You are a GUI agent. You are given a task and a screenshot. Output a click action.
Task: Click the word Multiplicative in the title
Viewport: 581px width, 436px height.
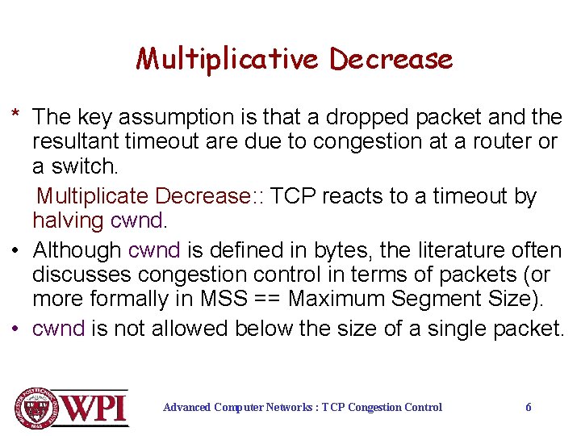228,59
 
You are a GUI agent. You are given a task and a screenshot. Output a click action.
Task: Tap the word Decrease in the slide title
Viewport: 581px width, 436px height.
391,59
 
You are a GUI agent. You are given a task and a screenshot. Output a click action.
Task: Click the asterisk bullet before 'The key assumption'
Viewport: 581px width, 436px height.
15,115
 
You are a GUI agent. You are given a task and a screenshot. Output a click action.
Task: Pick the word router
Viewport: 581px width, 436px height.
494,142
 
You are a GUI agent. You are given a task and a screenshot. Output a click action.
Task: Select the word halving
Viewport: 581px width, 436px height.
68,220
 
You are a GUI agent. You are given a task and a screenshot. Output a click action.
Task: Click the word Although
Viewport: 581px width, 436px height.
77,250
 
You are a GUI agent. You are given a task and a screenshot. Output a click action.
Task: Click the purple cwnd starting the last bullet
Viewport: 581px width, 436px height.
58,329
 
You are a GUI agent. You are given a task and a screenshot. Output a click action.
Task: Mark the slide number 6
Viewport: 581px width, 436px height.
529,407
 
